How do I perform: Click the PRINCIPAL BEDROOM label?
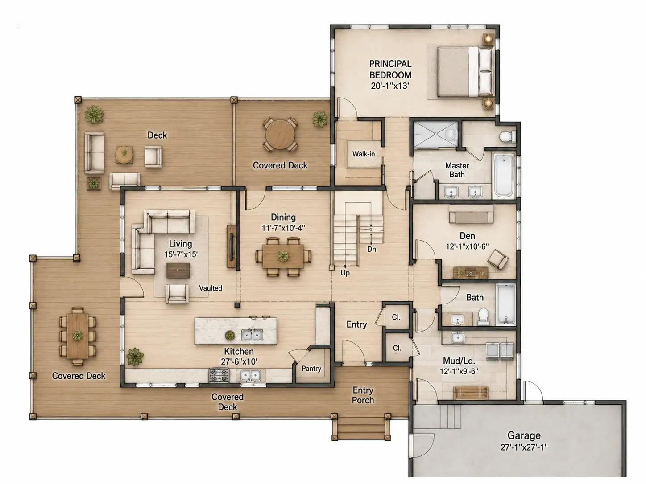pos(390,70)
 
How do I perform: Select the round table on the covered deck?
pos(280,135)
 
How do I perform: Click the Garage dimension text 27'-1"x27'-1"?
pos(524,447)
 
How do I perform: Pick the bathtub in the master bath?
pos(504,176)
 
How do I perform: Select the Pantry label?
pos(311,369)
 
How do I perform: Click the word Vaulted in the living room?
pos(211,288)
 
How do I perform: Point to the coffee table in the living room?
pos(178,270)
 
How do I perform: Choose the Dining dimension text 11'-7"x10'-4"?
pos(283,228)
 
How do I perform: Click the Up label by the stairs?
pos(345,273)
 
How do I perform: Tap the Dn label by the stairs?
pos(372,249)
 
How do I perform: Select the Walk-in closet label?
pos(364,154)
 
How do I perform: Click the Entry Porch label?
pos(363,395)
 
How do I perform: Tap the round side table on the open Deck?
pos(124,154)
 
